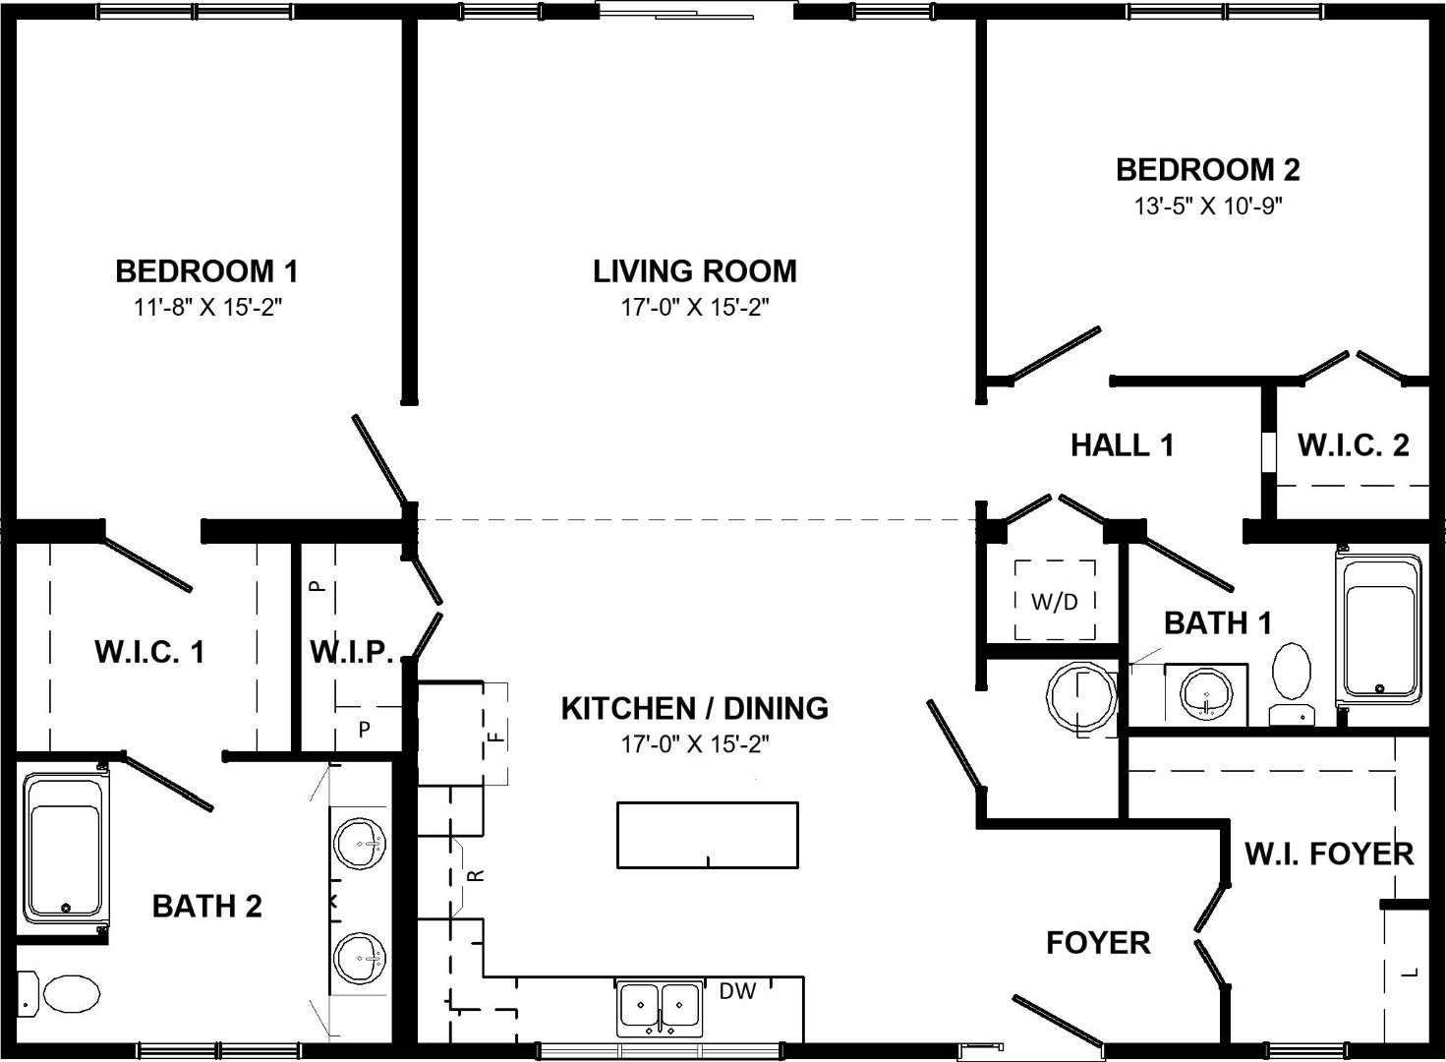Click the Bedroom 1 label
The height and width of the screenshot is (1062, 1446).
[206, 271]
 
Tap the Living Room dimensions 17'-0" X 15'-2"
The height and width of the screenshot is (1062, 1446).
[695, 308]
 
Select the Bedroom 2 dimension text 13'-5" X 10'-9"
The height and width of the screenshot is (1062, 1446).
[1208, 206]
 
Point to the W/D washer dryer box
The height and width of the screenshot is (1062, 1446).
[1055, 601]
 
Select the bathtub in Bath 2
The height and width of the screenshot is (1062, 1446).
[65, 848]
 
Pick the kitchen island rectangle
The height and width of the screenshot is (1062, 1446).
[708, 835]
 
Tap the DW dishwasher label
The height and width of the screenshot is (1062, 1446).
[737, 991]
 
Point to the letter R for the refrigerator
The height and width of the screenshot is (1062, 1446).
[476, 875]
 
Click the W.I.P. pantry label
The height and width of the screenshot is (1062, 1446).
[352, 652]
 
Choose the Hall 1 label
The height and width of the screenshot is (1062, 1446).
[1122, 445]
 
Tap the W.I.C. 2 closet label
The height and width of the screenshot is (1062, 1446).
[1353, 445]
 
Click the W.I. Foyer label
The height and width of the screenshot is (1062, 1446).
[1329, 854]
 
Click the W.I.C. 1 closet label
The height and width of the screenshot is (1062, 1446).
[149, 652]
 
